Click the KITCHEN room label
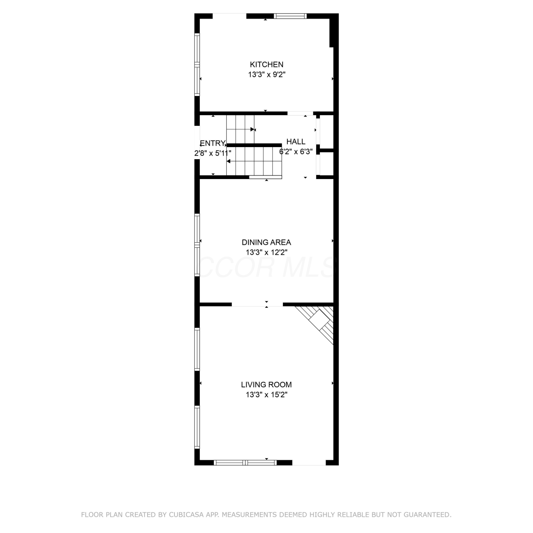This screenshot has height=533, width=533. click(x=266, y=64)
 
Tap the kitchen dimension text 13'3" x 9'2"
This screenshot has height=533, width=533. click(x=266, y=75)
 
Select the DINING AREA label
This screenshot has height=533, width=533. click(x=266, y=242)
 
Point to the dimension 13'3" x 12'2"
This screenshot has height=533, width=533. click(x=266, y=252)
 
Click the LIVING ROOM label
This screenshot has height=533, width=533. click(x=266, y=384)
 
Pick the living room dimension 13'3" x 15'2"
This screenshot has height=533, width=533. click(x=266, y=394)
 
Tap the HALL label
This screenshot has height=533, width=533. click(x=296, y=141)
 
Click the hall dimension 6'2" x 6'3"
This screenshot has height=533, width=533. click(x=296, y=151)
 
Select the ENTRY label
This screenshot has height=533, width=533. click(x=212, y=143)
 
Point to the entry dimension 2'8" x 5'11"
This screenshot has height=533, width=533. click(x=212, y=153)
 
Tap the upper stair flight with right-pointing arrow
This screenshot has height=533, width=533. click(x=241, y=129)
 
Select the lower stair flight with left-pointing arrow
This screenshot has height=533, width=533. click(x=254, y=161)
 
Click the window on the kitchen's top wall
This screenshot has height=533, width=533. click(x=290, y=16)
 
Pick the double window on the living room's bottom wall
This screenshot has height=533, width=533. click(x=246, y=462)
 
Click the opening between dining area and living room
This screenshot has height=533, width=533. click(x=257, y=304)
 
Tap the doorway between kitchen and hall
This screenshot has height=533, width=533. click(x=300, y=113)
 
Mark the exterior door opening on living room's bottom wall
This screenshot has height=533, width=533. click(x=309, y=462)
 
